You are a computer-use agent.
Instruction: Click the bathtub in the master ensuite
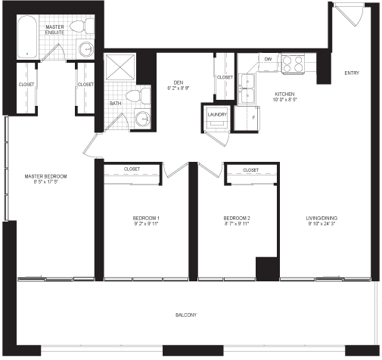[x=27, y=37]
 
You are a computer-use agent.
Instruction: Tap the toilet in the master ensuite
[x=82, y=26]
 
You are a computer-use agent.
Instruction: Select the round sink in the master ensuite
[x=86, y=49]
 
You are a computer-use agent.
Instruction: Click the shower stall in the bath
[x=120, y=67]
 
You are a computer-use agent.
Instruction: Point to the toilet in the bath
[x=138, y=96]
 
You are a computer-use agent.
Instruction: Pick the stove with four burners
[x=293, y=64]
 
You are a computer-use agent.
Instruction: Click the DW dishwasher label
[x=268, y=59]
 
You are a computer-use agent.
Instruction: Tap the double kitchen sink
[x=247, y=89]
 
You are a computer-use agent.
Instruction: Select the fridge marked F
[x=247, y=118]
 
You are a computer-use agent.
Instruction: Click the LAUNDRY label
[x=217, y=115]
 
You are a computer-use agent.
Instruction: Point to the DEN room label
[x=179, y=82]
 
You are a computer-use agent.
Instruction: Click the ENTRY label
[x=352, y=73]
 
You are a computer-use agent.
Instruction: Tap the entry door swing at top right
[x=349, y=15]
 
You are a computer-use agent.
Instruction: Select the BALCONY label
[x=186, y=315]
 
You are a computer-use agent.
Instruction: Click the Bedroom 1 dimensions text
[x=146, y=224]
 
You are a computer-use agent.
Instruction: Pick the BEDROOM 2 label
[x=237, y=219]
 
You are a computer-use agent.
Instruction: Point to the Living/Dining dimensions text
[x=321, y=224]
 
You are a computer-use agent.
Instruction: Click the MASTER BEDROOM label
[x=45, y=176]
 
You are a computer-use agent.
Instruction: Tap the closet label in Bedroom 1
[x=132, y=169]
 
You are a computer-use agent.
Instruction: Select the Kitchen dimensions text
[x=285, y=100]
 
